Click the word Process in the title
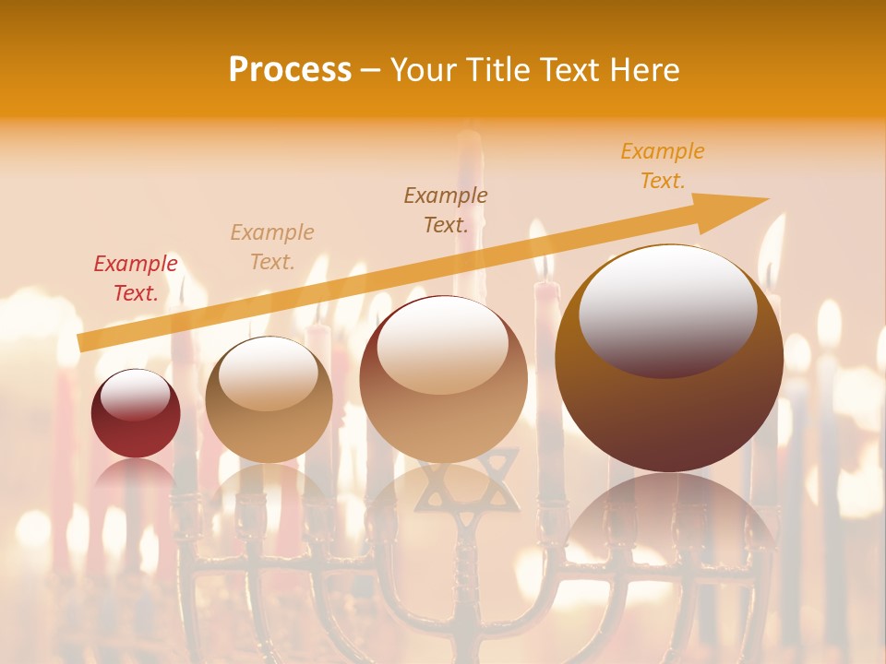(290, 70)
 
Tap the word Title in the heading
(498, 70)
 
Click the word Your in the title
(425, 70)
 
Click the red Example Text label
(136, 279)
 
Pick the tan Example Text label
(272, 247)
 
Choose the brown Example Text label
(446, 210)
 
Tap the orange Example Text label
(663, 166)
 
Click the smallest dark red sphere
(136, 413)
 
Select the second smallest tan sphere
(269, 399)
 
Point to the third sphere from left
(443, 379)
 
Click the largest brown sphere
(669, 359)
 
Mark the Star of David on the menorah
(466, 484)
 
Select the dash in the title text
(371, 70)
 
